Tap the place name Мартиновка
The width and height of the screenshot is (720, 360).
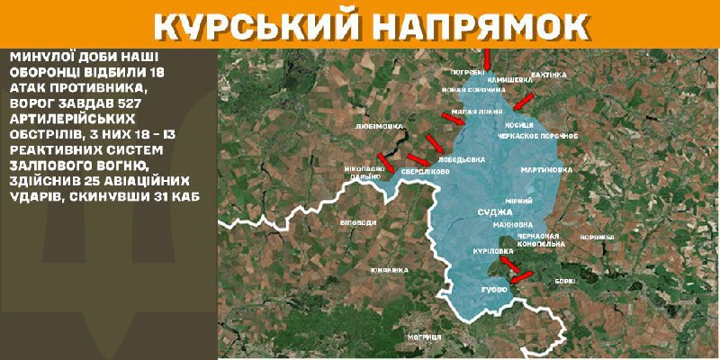547,168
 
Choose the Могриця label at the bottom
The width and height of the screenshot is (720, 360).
422,336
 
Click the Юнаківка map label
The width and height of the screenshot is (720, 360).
389,269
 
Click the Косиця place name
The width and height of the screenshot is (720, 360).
519,124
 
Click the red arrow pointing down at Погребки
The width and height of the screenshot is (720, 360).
487,58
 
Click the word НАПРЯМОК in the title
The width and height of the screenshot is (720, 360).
470,25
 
